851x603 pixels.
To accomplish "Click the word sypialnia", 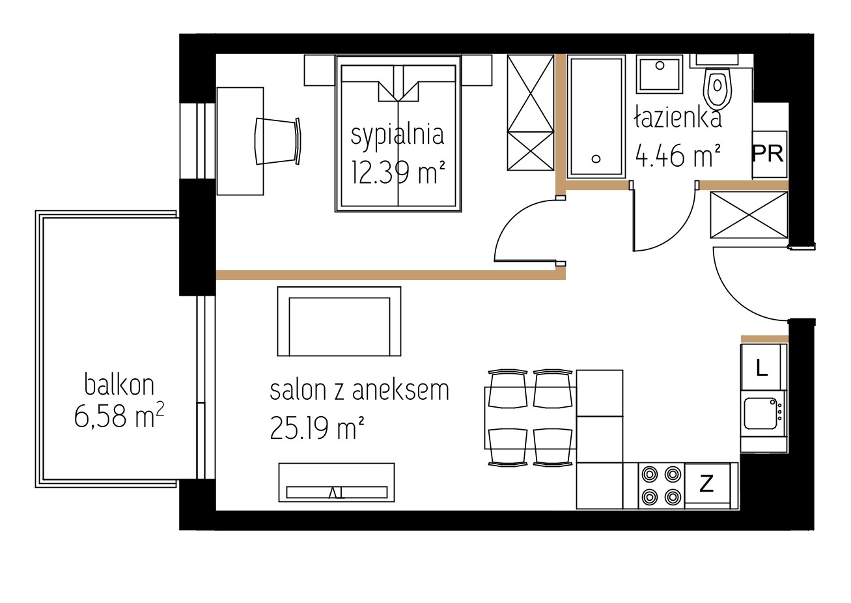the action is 397,136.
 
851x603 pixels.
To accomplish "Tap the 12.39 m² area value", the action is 398,172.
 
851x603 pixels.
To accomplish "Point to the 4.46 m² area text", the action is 678,155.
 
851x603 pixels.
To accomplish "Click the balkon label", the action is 119,384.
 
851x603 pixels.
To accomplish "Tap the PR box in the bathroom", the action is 770,154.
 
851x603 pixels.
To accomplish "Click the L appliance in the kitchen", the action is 763,367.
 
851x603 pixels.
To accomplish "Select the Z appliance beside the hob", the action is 707,485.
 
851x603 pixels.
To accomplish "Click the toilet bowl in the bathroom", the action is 718,88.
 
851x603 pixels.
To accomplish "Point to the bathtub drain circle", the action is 596,159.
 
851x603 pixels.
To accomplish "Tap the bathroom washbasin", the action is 660,74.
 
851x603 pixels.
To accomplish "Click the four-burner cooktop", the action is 661,485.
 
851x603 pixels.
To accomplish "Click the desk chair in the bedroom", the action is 278,141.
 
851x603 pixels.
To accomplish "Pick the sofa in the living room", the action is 339,322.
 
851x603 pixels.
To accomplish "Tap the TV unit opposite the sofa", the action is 337,483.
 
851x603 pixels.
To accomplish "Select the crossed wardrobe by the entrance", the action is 749,215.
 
